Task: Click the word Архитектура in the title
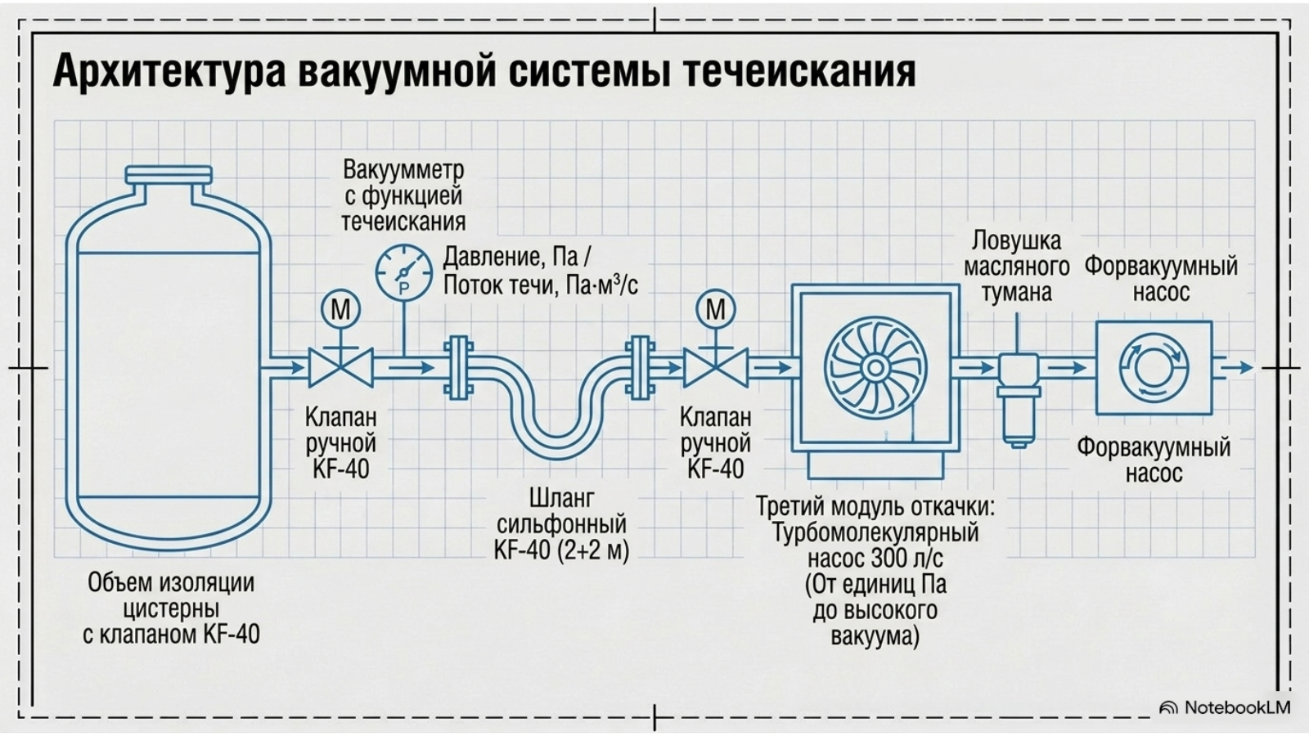pyautogui.click(x=169, y=71)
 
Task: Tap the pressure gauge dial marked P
pyautogui.click(x=404, y=273)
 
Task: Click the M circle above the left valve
pyautogui.click(x=340, y=309)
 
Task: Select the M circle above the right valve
pyautogui.click(x=715, y=309)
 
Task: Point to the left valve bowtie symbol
pyautogui.click(x=340, y=367)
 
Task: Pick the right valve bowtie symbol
pyautogui.click(x=715, y=367)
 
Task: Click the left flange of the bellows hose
pyautogui.click(x=459, y=367)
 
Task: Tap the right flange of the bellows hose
pyautogui.click(x=640, y=367)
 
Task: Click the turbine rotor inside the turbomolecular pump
pyautogui.click(x=875, y=367)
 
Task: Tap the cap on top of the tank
pyautogui.click(x=169, y=174)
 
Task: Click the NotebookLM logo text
pyautogui.click(x=1237, y=707)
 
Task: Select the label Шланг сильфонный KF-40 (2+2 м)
pyautogui.click(x=561, y=524)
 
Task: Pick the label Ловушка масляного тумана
pyautogui.click(x=1017, y=267)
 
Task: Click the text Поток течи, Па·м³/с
pyautogui.click(x=541, y=285)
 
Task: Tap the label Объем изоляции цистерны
pyautogui.click(x=171, y=596)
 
